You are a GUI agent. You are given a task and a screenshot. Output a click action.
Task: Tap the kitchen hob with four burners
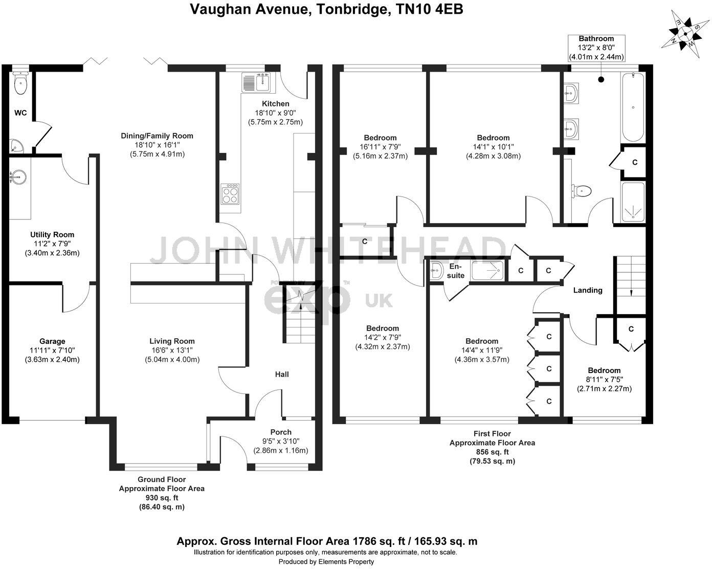pos(230,193)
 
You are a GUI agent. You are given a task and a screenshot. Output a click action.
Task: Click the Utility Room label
pos(52,235)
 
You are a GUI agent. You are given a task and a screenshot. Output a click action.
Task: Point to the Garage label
pos(52,341)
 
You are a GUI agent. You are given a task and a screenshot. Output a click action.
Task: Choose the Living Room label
pos(172,341)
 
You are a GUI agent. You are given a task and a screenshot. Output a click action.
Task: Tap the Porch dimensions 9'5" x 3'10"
pos(281,441)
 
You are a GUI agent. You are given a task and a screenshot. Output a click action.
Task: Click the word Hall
pos(282,375)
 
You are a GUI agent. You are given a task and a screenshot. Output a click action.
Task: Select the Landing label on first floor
pos(588,290)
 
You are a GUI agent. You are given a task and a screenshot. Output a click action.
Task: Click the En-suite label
pos(456,271)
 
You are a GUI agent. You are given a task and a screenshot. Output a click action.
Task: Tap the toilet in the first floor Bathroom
pos(581,191)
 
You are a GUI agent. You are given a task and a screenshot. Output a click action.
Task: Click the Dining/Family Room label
pos(157,136)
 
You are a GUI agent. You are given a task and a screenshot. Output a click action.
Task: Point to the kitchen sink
pos(257,82)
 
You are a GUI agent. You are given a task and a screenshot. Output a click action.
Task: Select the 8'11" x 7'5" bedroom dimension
pos(604,380)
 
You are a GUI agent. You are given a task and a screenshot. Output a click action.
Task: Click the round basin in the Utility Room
pos(18,177)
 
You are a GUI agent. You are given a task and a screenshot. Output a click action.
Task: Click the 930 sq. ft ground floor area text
pos(162,498)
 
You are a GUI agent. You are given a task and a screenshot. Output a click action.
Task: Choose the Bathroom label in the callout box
pos(596,39)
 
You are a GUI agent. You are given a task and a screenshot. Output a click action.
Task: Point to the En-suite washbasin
pos(436,271)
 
